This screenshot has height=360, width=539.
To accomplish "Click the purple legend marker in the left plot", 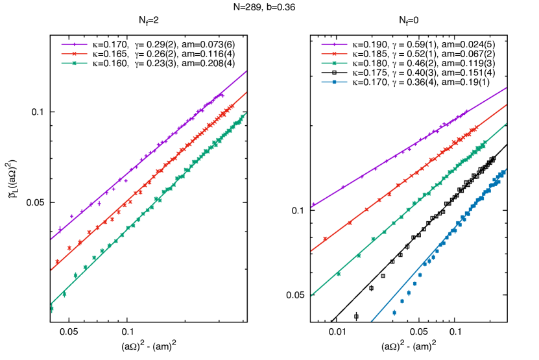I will click(x=74, y=45).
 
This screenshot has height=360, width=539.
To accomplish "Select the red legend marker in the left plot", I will click(x=74, y=54).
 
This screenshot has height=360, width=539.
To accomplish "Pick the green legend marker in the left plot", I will click(x=74, y=64).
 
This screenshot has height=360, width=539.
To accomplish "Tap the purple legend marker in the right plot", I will click(x=334, y=45).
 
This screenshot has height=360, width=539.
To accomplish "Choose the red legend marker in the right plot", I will click(x=334, y=54).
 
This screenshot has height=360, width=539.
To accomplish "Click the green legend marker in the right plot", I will click(x=334, y=64).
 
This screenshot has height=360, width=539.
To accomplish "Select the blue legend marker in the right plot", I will click(x=334, y=82).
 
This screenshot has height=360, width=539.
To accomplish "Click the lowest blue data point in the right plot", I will click(x=394, y=313).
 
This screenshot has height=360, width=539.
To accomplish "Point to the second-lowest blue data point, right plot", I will click(x=401, y=301).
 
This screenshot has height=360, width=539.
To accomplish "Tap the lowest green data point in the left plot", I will click(x=52, y=309).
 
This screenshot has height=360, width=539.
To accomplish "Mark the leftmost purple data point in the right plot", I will click(x=313, y=204).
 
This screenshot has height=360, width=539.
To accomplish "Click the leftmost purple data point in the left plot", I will click(x=60, y=228).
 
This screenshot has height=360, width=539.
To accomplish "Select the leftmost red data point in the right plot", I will click(x=324, y=239).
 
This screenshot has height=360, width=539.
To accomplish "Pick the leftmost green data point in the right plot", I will click(x=338, y=274).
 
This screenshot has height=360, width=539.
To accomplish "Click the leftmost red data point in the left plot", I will click(x=57, y=261).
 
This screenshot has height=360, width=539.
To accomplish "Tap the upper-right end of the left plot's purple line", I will click(x=246, y=71).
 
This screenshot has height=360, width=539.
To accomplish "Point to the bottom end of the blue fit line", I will click(x=371, y=321).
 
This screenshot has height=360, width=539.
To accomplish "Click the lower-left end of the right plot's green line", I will click(x=311, y=296).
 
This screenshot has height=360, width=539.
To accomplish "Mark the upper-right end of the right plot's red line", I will click(x=506, y=104).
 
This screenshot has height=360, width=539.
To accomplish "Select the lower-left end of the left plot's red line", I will click(x=51, y=270).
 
